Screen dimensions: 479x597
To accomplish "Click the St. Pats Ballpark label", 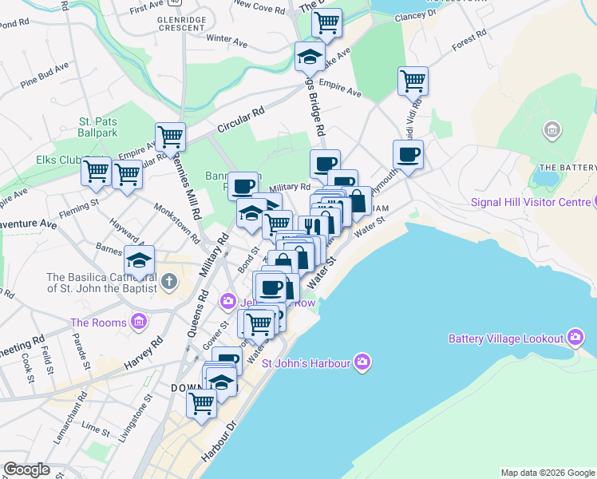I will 97,127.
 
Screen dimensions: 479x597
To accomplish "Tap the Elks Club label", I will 59,160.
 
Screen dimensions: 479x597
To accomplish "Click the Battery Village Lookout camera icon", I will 575,338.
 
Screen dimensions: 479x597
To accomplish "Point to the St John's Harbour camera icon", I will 362,363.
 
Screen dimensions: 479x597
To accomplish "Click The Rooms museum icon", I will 140,323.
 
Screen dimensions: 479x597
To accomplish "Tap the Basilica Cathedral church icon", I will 168,281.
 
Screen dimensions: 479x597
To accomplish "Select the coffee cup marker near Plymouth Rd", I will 408,155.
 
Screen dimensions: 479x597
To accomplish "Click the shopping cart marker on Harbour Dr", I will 201,402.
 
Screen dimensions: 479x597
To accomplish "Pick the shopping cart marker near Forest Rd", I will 413,81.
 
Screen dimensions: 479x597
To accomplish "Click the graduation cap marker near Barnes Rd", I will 139,260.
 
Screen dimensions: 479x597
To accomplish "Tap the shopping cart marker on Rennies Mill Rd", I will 170,137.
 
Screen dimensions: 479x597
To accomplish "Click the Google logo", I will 27,469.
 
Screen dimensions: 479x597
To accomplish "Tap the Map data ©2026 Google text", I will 547,473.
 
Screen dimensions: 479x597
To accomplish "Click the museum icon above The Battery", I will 551,130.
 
